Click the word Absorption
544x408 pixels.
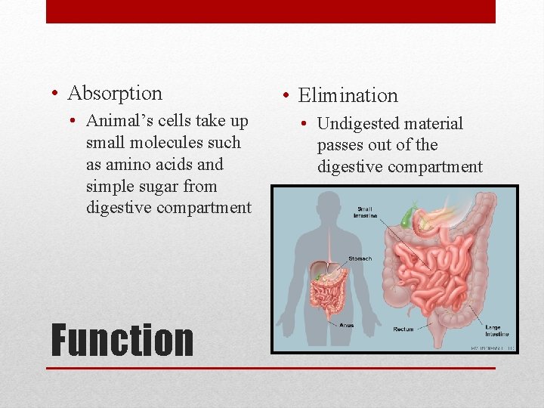[x=115, y=94]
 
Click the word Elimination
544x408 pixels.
[x=348, y=96]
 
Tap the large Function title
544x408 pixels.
[x=122, y=340]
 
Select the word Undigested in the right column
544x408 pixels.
[x=357, y=124]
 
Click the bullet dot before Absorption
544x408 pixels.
[x=57, y=94]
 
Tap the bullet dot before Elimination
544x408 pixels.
[x=286, y=97]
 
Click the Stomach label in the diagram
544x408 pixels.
[x=360, y=259]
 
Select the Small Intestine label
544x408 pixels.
[x=365, y=212]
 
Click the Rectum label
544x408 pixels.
[x=403, y=329]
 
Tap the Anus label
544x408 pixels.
[x=345, y=326]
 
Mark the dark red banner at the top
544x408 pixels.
[x=270, y=11]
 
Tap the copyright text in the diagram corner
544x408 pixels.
[x=492, y=348]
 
